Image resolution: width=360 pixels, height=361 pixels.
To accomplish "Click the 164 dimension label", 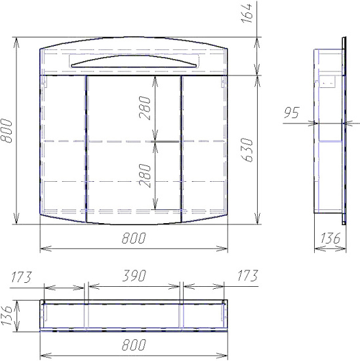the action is [x=247, y=13].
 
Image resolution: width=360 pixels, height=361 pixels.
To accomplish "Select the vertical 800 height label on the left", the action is [x=6, y=131].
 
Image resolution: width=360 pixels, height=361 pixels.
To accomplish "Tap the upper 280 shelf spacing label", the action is [x=145, y=108].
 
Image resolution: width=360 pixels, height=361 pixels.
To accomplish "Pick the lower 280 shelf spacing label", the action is [x=145, y=175].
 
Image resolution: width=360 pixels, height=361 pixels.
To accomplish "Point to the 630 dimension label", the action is [x=247, y=150].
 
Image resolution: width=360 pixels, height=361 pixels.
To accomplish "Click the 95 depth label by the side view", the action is [x=291, y=113].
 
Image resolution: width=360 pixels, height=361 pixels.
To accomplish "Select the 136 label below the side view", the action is [x=330, y=238].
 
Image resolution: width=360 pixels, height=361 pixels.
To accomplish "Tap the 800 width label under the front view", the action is [x=134, y=238].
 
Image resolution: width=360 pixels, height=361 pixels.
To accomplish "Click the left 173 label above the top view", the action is [x=21, y=277].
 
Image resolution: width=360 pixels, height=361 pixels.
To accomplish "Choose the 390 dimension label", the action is [x=134, y=276].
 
